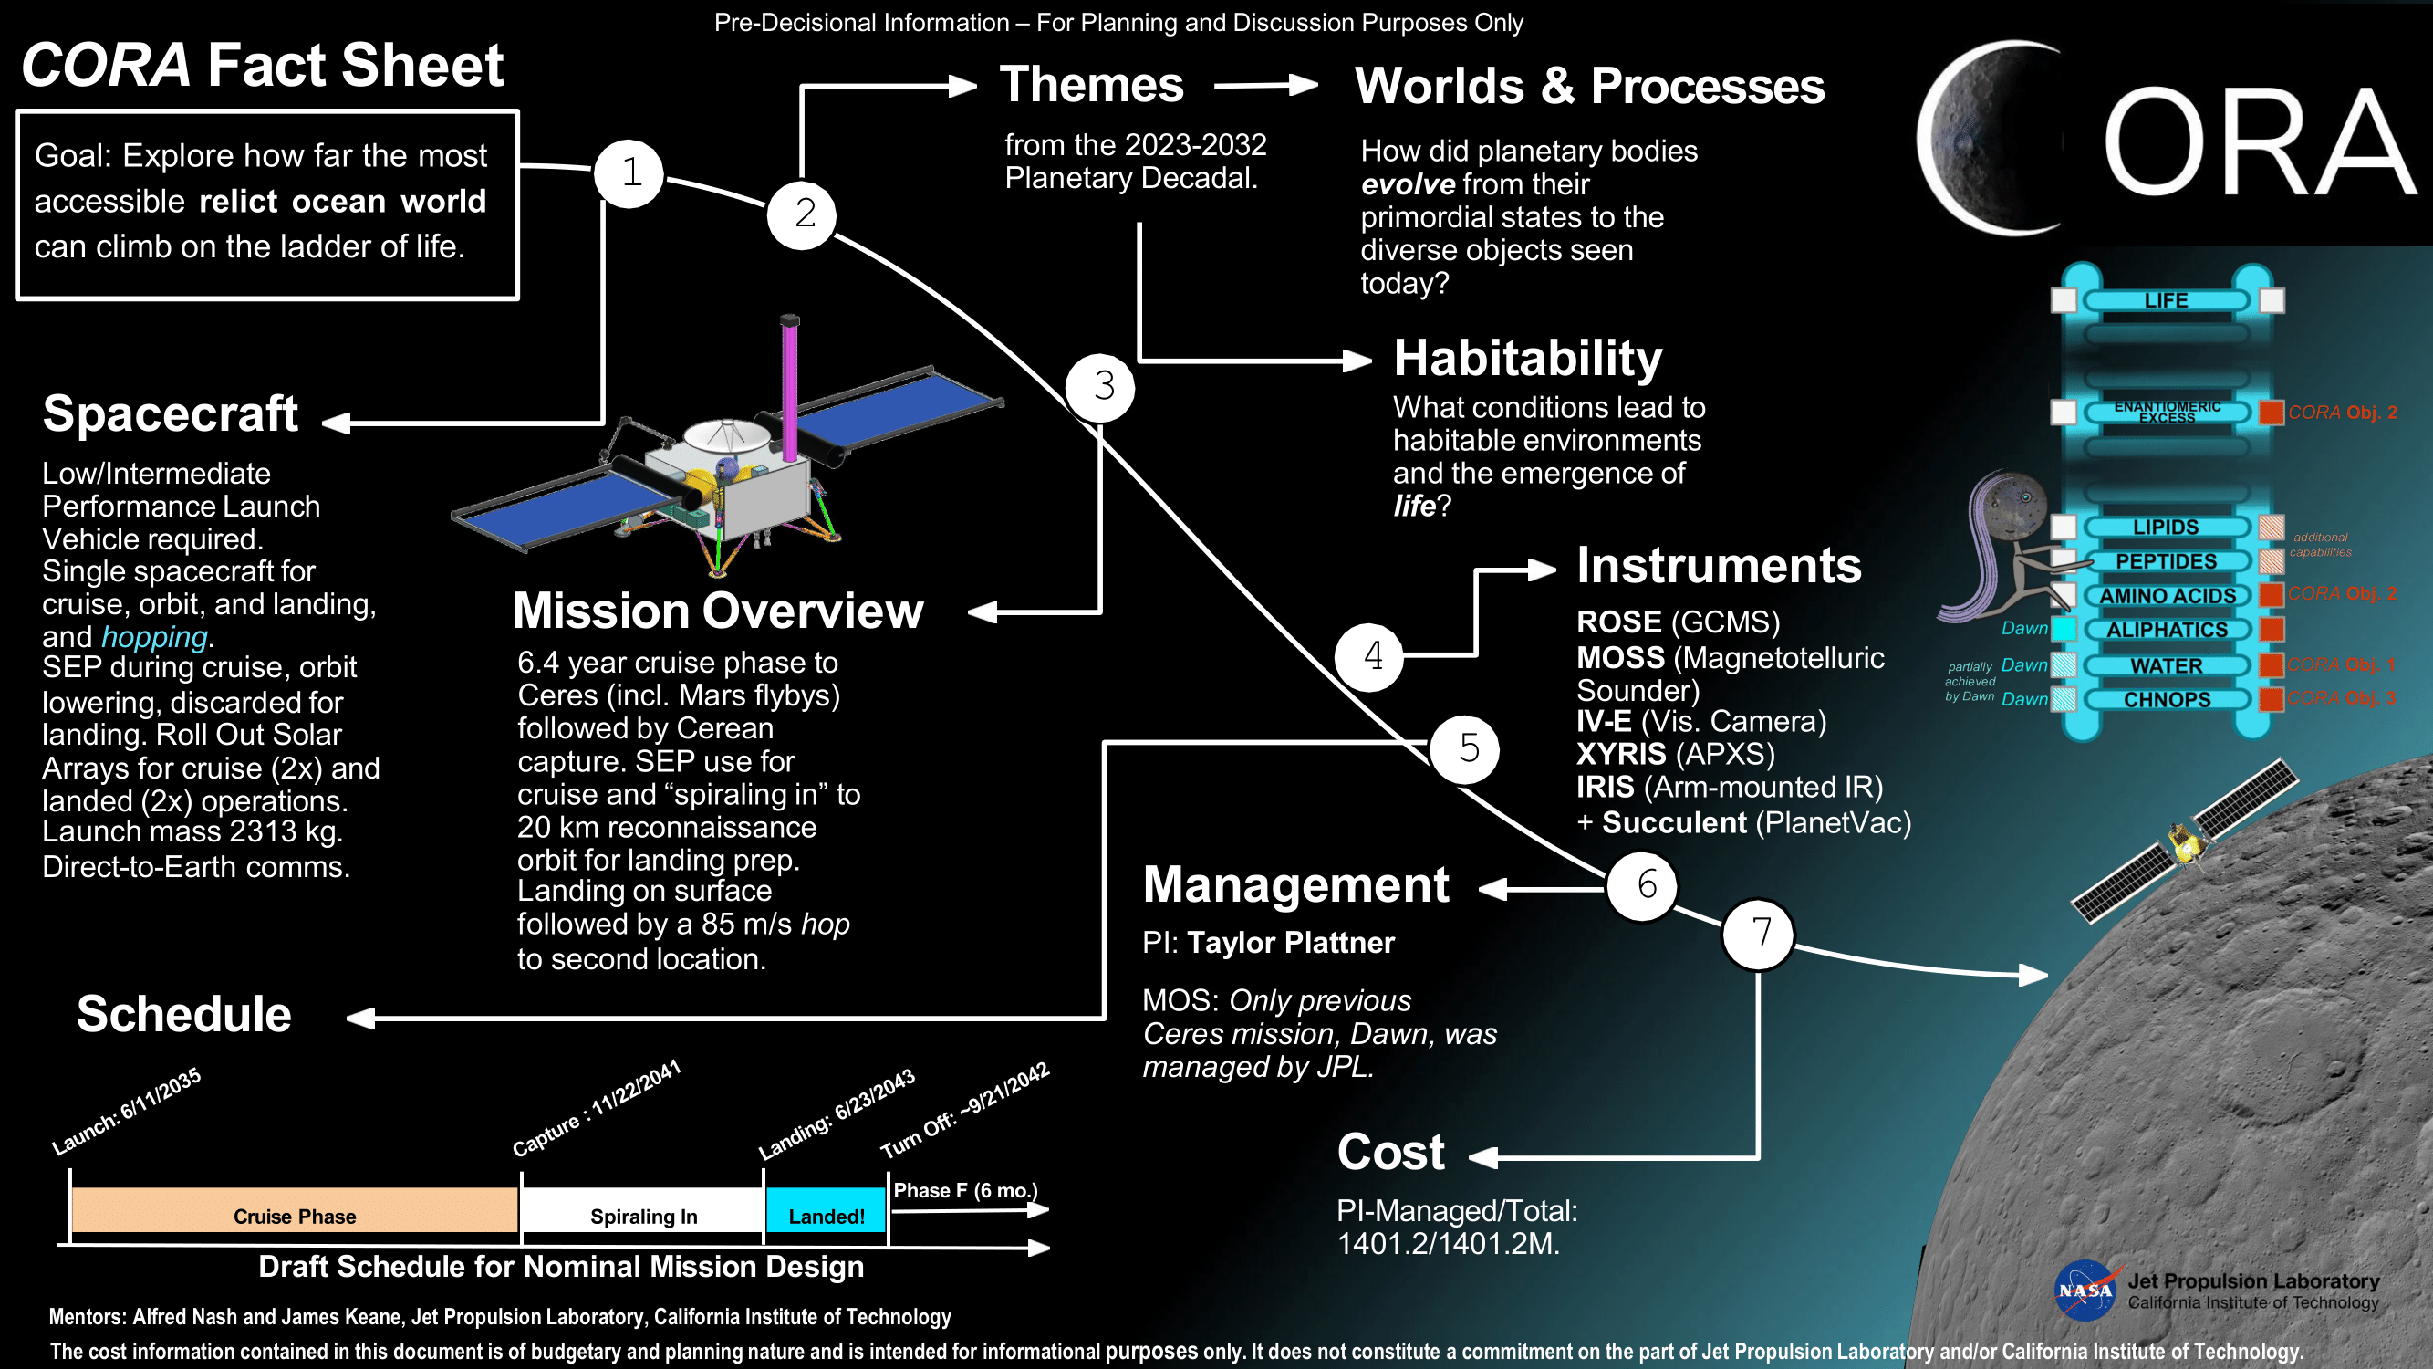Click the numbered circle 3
point(1100,387)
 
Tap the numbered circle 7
point(1759,934)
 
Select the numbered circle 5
point(1466,749)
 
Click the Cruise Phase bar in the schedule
point(295,1210)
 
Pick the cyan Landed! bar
point(827,1210)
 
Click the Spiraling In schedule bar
point(642,1210)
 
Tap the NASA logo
point(2086,1291)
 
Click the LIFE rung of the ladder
point(2167,300)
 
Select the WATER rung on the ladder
point(2167,666)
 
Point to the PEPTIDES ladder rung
point(2167,561)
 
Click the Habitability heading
point(1527,359)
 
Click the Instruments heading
point(1719,566)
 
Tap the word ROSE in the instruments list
point(1619,622)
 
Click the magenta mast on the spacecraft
point(790,387)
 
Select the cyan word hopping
point(154,638)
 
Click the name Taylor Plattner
point(1290,943)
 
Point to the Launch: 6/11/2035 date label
point(127,1111)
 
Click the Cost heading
point(1390,1153)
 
